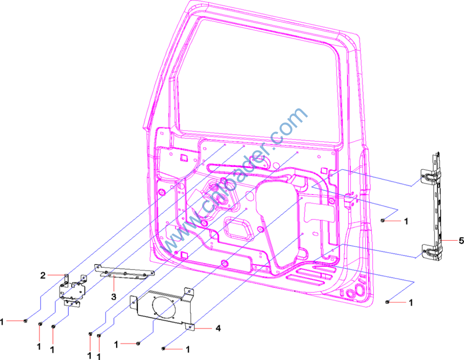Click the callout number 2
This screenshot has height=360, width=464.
(x=43, y=275)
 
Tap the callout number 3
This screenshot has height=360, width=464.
(x=114, y=297)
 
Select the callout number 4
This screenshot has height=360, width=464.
(x=218, y=328)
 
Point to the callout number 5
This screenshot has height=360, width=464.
(x=461, y=241)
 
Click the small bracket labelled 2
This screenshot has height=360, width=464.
(x=72, y=291)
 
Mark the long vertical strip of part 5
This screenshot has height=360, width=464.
(x=437, y=207)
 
